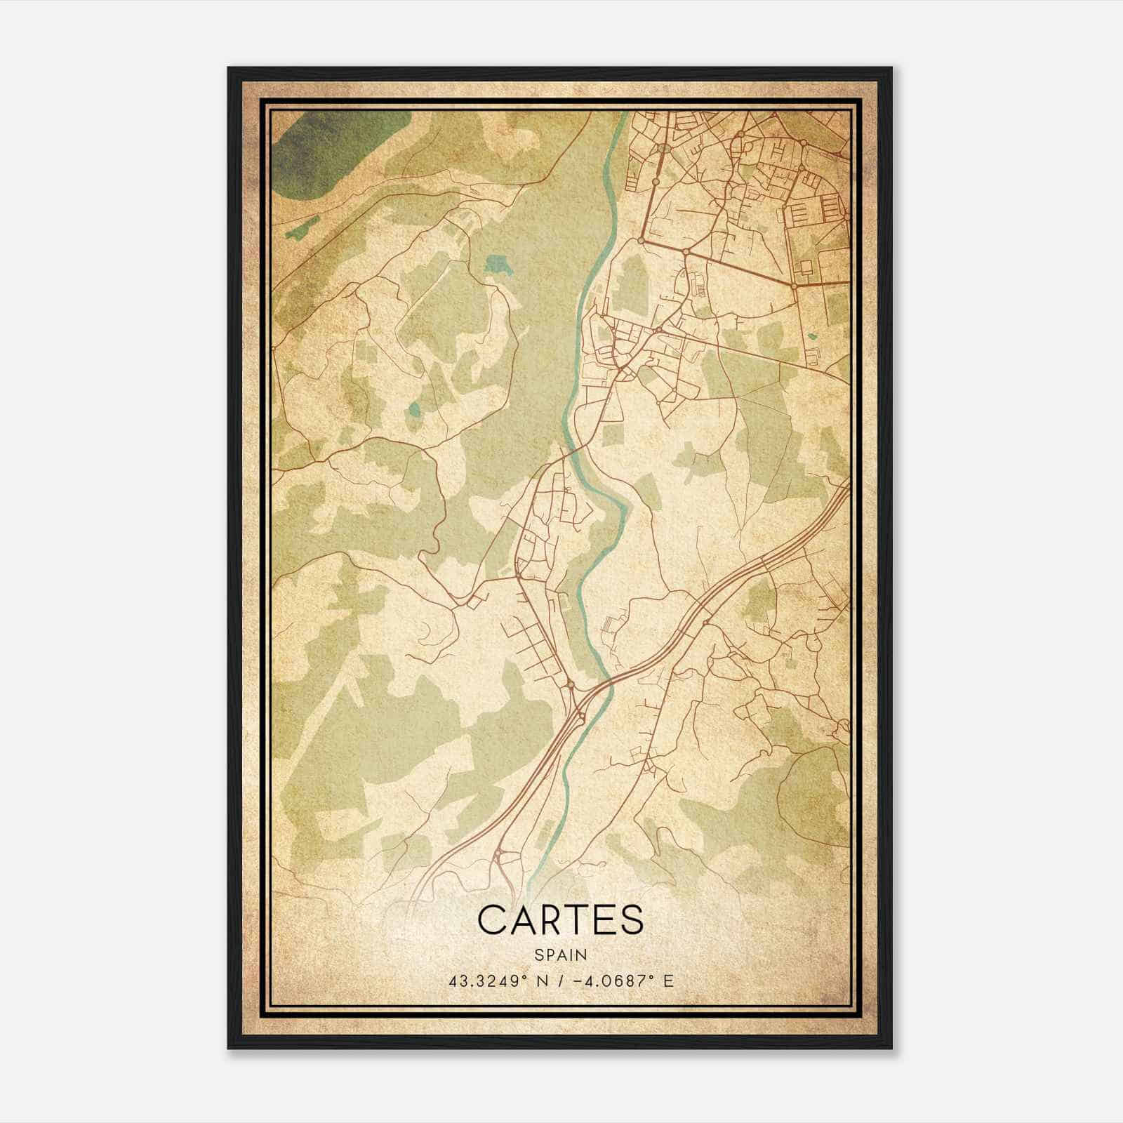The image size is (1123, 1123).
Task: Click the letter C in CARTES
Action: click(492, 920)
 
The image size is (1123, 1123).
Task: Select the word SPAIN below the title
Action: click(561, 955)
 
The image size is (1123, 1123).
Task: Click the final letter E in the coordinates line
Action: click(668, 981)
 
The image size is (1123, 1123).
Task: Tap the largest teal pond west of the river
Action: click(499, 266)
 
